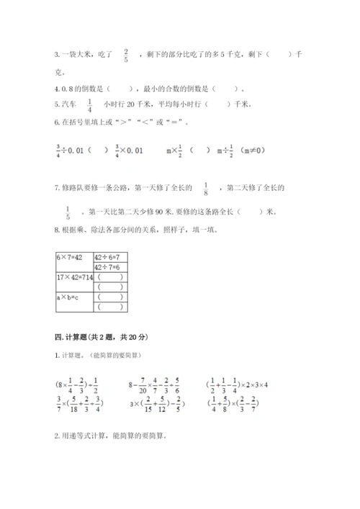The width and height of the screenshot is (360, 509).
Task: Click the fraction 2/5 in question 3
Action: (x=126, y=55)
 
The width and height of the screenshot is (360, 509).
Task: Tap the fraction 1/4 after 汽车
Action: (x=90, y=105)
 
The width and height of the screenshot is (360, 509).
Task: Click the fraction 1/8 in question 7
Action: (x=207, y=189)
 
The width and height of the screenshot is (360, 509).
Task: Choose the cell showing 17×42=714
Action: (x=74, y=276)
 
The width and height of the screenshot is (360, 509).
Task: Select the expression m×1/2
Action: (x=175, y=150)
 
